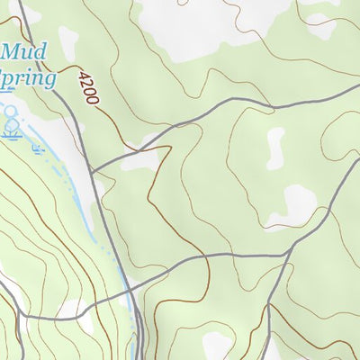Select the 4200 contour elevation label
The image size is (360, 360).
(87, 88)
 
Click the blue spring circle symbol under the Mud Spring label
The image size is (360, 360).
(11, 114)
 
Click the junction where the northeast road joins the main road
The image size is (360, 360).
(93, 168)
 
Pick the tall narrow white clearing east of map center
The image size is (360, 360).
(274, 148)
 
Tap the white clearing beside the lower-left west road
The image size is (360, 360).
(72, 310)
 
